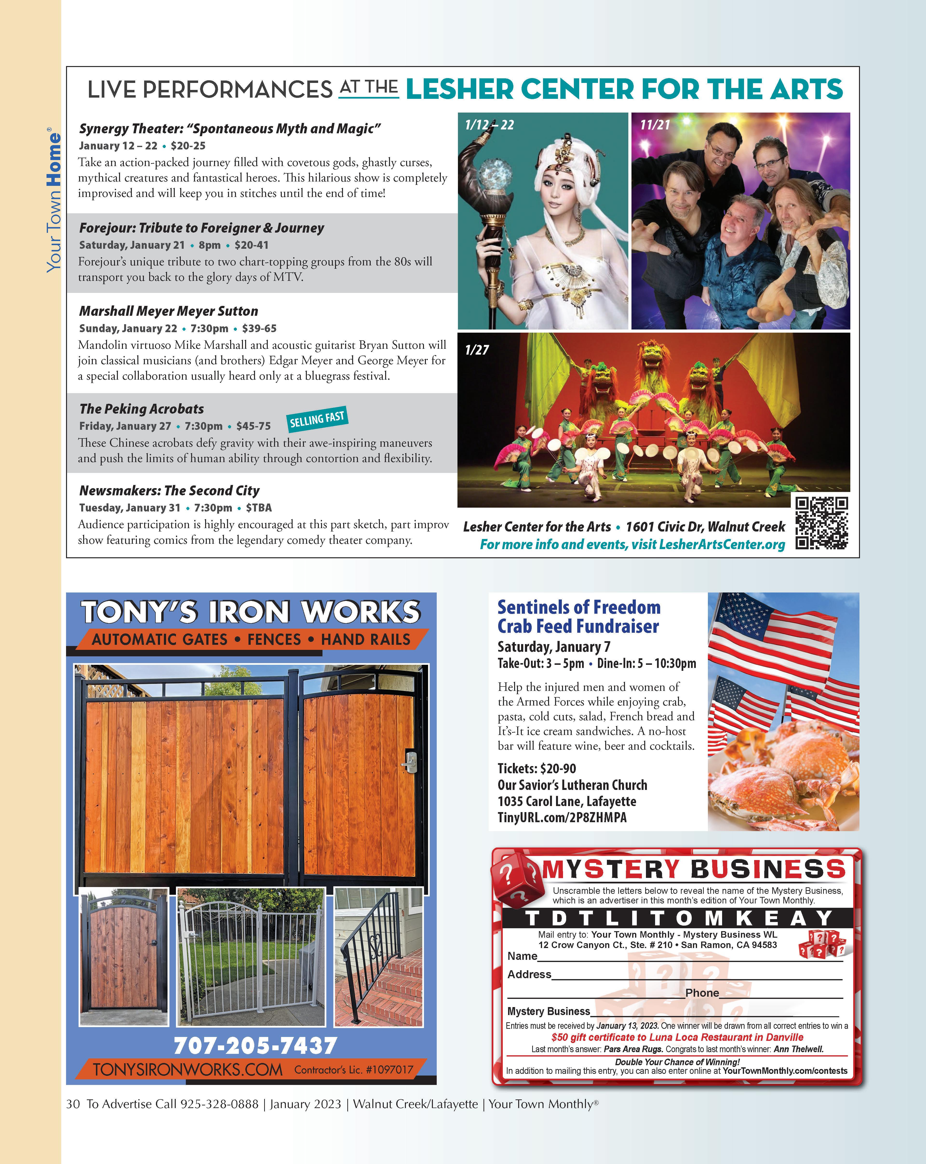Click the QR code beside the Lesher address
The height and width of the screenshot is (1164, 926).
pyautogui.click(x=821, y=523)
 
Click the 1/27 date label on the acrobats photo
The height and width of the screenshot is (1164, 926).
pyautogui.click(x=477, y=350)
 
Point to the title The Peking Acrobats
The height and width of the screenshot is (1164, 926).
pyautogui.click(x=141, y=409)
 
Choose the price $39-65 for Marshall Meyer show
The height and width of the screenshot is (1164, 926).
pyautogui.click(x=259, y=328)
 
